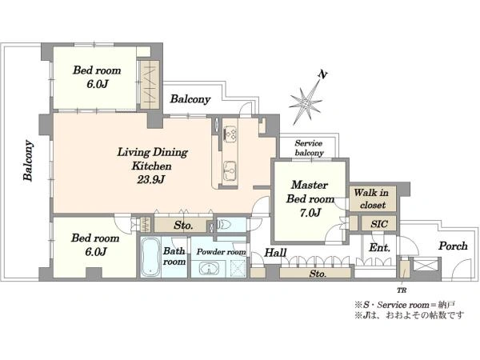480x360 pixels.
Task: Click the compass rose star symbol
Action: (x=306, y=103)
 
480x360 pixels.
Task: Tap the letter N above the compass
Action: (x=322, y=74)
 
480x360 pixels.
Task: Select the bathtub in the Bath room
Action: (x=150, y=258)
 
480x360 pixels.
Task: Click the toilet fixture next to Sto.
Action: (x=225, y=226)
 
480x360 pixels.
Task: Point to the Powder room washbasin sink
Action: (x=209, y=269)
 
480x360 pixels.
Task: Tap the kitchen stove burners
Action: (x=230, y=134)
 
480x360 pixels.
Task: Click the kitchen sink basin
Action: (x=230, y=170)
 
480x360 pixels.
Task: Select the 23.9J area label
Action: (x=151, y=180)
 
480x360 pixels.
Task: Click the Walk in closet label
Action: (x=372, y=198)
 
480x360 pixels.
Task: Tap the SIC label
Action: (x=379, y=224)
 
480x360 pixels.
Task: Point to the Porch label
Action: (x=453, y=246)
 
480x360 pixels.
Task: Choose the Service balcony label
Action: (x=309, y=148)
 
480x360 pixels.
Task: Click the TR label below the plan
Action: (x=402, y=290)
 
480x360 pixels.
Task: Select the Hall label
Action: (x=275, y=253)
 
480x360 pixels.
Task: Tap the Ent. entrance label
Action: (x=379, y=247)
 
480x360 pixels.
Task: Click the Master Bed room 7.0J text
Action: (x=310, y=198)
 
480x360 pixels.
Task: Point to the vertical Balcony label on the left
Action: (x=28, y=161)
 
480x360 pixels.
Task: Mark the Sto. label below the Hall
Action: (x=318, y=274)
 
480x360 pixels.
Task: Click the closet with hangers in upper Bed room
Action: (x=150, y=85)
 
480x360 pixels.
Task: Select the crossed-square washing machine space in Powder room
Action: (x=238, y=269)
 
